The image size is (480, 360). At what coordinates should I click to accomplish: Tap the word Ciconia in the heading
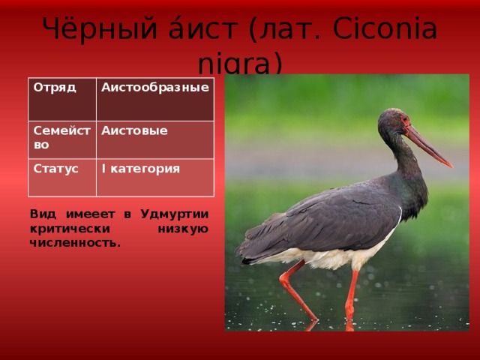coord(385,28)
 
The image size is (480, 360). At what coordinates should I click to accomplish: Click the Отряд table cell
coord(62,100)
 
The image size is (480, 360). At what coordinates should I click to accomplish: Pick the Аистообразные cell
coord(155,100)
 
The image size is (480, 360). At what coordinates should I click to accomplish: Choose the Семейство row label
coord(62,140)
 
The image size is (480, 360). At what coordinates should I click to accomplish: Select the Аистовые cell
coord(155,140)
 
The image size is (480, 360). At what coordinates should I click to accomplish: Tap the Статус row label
coord(62,178)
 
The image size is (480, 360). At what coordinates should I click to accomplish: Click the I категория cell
coord(155,178)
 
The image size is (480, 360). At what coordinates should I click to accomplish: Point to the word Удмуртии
coord(175,214)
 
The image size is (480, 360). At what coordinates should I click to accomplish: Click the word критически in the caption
coord(70,229)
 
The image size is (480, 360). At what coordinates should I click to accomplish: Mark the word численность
coord(75,243)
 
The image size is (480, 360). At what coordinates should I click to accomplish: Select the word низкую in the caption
coord(183,229)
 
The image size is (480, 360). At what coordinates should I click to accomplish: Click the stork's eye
coord(405,118)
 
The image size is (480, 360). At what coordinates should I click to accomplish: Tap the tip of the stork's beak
coord(451,166)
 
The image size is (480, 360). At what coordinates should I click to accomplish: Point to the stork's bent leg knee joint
coord(283,278)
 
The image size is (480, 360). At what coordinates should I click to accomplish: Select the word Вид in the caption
coord(43,214)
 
